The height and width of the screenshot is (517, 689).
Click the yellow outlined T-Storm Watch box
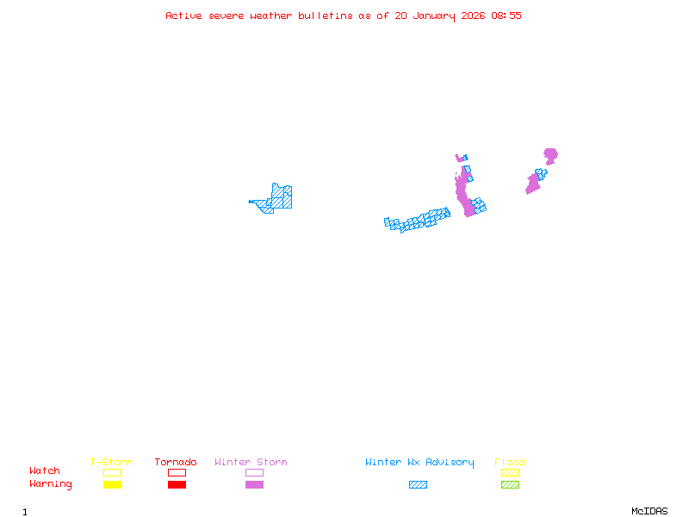(112, 472)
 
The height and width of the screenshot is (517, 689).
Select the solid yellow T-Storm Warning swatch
(112, 485)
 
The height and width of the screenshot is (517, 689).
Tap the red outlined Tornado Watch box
(177, 472)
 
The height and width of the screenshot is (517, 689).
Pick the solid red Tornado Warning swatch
(177, 485)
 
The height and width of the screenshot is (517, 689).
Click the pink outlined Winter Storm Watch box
(254, 472)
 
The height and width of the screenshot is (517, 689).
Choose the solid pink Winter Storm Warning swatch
(254, 485)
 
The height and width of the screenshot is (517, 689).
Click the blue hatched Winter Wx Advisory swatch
(418, 485)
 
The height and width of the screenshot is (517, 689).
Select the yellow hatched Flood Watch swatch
(510, 472)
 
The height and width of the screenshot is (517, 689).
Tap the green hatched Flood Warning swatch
(510, 485)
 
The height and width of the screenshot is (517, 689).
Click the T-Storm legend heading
(111, 463)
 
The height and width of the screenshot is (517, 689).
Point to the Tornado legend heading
(176, 463)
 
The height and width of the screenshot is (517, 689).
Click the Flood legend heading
(510, 463)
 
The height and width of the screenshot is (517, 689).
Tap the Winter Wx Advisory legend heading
(419, 463)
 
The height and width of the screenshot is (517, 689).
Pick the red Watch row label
(45, 471)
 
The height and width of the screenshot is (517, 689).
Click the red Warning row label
(51, 484)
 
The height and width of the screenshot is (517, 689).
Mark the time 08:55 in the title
(506, 16)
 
